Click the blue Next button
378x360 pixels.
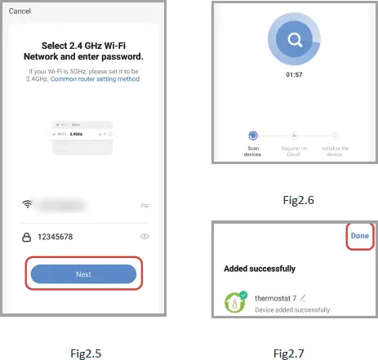coord(83,274)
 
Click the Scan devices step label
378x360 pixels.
coord(253,151)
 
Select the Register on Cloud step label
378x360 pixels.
coord(294,151)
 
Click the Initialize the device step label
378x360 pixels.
coord(335,151)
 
